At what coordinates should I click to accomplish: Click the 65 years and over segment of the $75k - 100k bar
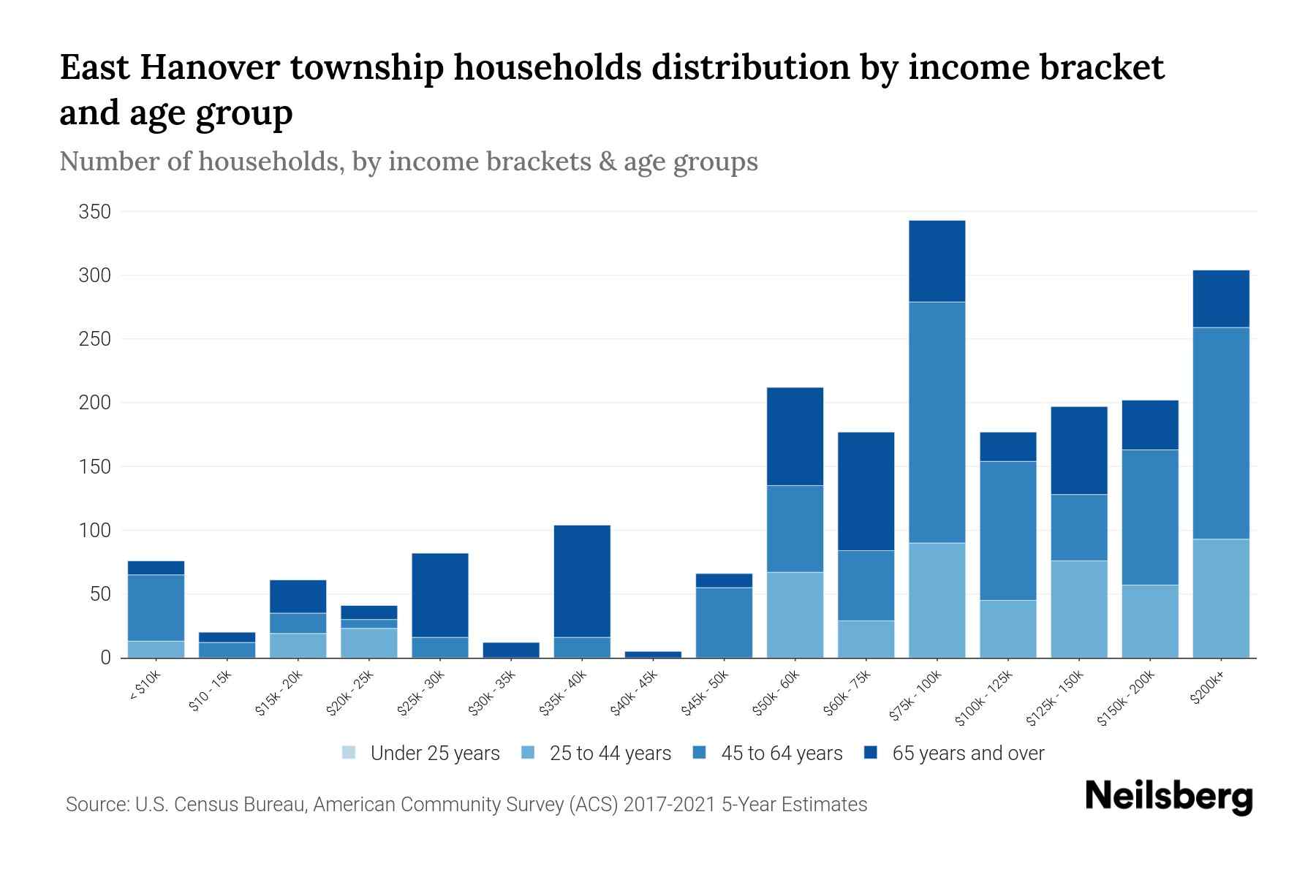point(937,261)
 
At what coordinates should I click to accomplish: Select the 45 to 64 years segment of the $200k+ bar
point(1220,433)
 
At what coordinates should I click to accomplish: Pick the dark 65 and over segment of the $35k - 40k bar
point(582,581)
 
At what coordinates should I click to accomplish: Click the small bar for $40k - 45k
point(653,654)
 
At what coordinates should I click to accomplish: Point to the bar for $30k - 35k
point(511,650)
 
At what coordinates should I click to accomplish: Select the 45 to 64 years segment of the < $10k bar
point(156,607)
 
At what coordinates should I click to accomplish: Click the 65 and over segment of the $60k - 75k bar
point(866,491)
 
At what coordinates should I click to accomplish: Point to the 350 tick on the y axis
point(94,212)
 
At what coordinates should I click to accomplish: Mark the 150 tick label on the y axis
point(94,466)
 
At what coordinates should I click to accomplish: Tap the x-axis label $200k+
point(1207,688)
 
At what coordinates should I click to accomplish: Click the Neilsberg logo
point(1168,796)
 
